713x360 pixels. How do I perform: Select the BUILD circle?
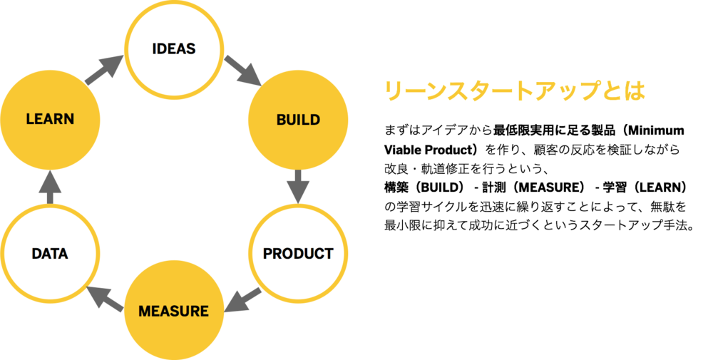coord(298,120)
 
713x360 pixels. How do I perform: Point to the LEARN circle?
coord(50,120)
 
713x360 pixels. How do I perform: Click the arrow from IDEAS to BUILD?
coord(243,71)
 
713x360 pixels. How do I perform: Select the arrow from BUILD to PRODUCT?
coord(298,186)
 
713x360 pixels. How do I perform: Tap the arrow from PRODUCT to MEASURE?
coord(243,300)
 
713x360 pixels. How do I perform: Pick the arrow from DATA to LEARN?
coord(50,187)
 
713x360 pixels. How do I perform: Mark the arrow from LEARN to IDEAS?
coord(105,70)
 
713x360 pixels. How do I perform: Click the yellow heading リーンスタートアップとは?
coord(514,91)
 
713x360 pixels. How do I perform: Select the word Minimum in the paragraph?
coord(656,130)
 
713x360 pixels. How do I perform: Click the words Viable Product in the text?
coord(429,150)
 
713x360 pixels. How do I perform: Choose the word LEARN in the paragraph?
coord(657,187)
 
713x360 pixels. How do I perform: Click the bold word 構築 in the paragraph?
coord(396,187)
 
